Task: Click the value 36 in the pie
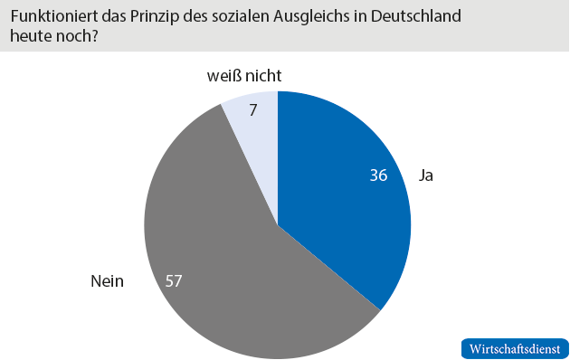click(x=378, y=175)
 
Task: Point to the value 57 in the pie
click(x=174, y=280)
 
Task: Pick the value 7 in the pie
click(x=253, y=111)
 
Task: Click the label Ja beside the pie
click(x=425, y=175)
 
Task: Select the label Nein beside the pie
click(x=107, y=280)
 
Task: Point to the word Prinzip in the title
click(x=161, y=16)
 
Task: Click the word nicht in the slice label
click(x=270, y=78)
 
